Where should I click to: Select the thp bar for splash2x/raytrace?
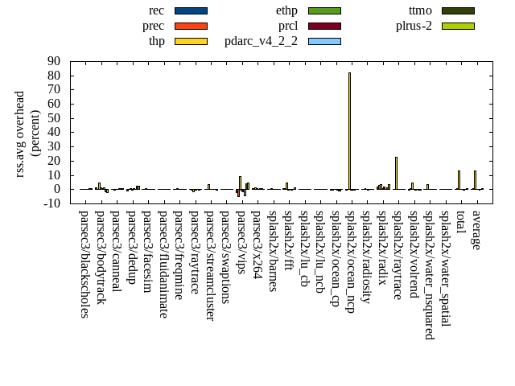(396, 173)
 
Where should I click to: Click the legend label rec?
(157, 10)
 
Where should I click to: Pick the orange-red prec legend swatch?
(191, 26)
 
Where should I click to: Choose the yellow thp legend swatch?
(191, 41)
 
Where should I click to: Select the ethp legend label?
(286, 10)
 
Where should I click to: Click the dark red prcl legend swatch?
(324, 26)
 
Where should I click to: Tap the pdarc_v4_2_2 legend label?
(261, 41)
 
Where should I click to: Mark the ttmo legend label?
(420, 10)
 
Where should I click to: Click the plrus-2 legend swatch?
(458, 26)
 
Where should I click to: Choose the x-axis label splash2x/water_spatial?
(446, 265)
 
